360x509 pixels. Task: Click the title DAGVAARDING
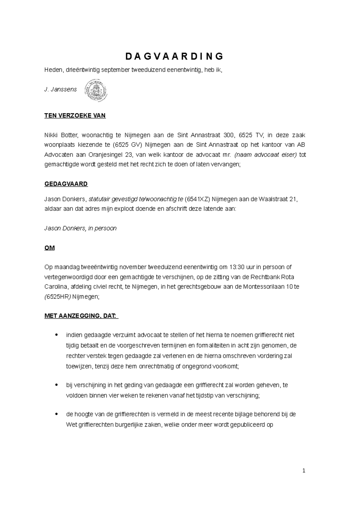(174, 56)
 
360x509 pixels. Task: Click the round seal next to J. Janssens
(97, 90)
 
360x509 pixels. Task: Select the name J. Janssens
(60, 89)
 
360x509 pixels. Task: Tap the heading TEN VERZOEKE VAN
(75, 116)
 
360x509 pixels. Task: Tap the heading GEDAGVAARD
(66, 184)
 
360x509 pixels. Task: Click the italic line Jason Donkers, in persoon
(80, 228)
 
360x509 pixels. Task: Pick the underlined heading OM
(49, 248)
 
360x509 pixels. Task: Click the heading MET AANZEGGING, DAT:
(81, 316)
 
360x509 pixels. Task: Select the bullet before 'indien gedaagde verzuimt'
(56, 335)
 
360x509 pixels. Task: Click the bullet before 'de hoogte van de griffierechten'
(56, 414)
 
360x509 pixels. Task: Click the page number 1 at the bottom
(304, 471)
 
